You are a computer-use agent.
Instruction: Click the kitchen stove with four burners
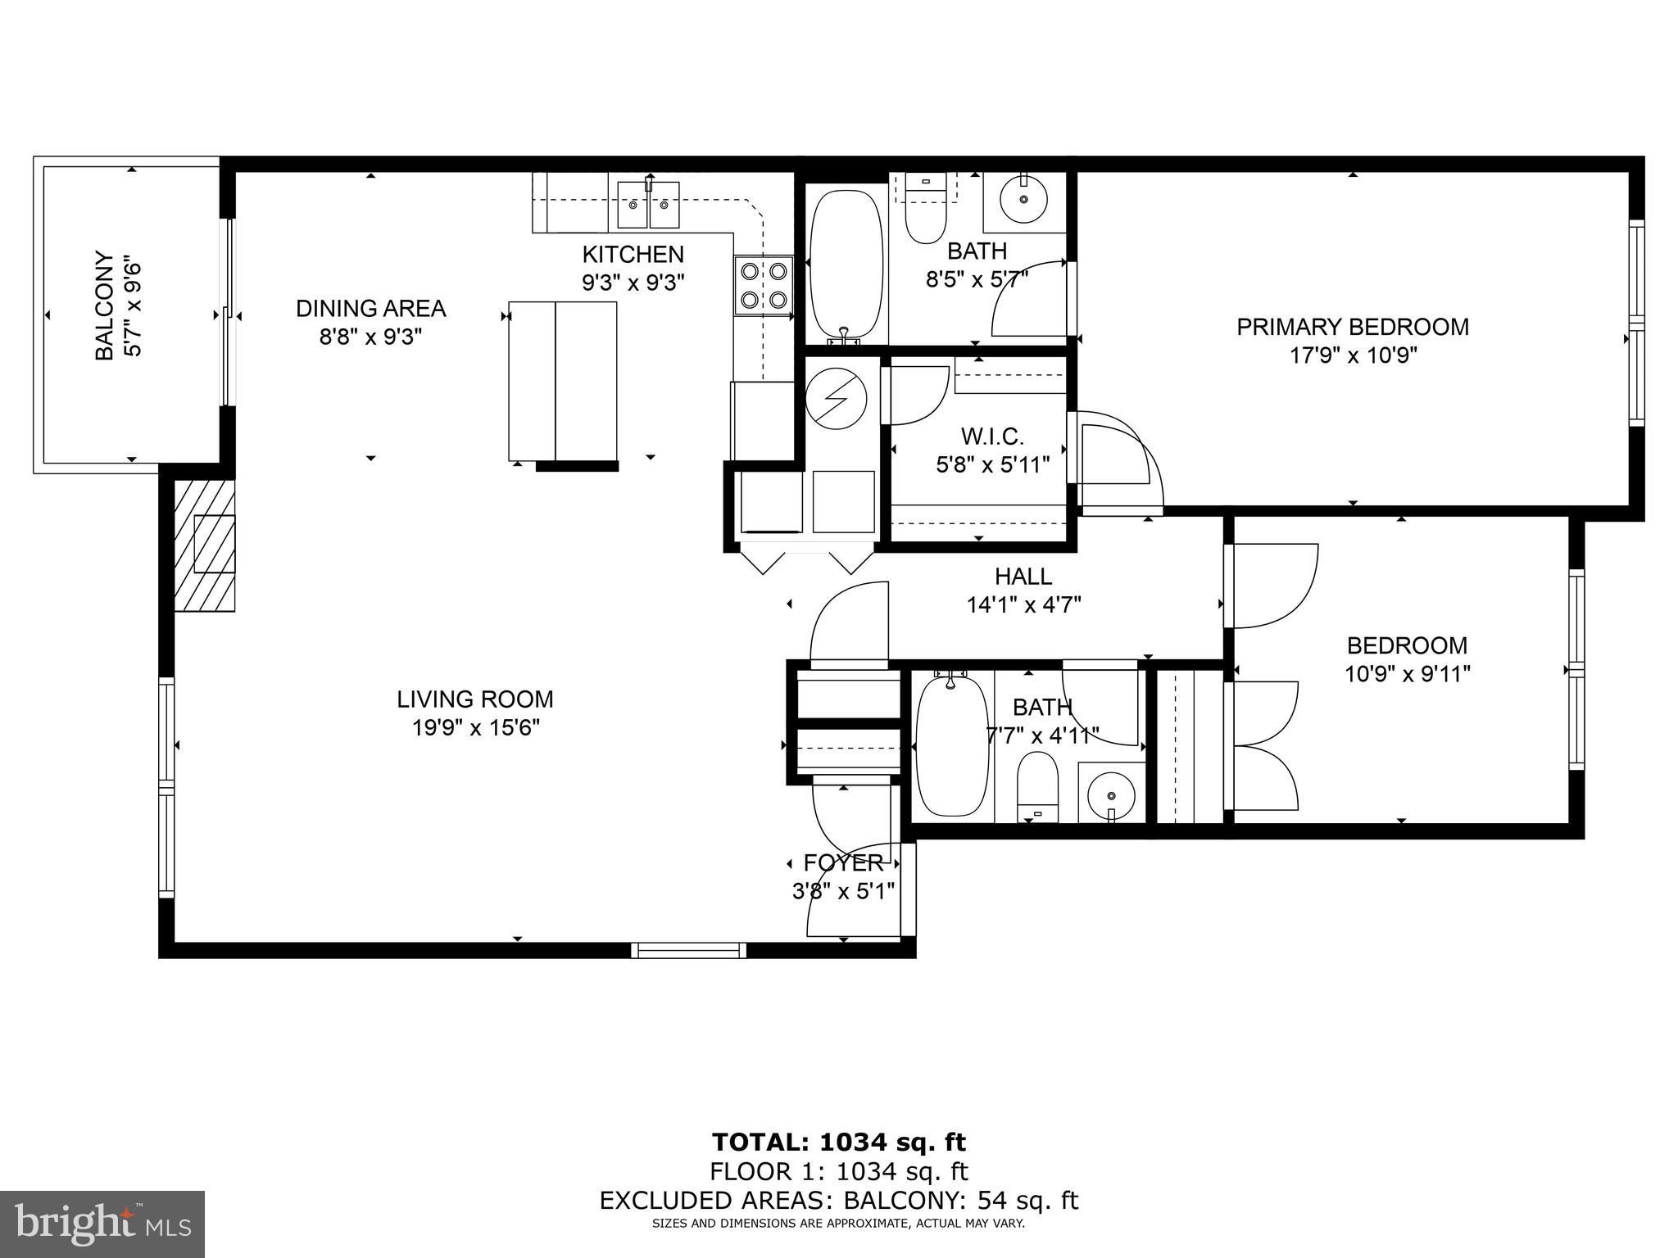pos(763,285)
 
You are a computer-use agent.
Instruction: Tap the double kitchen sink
pos(649,206)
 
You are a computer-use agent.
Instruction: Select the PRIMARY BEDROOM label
pos(1352,327)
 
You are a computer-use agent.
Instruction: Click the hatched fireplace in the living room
pos(205,544)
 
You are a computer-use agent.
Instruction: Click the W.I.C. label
pos(992,437)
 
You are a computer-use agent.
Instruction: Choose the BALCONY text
pos(104,305)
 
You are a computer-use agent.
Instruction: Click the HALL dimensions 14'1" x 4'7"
pos(1024,605)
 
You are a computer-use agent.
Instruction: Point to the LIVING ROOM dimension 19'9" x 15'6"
pos(475,727)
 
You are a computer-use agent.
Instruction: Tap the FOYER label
pos(843,862)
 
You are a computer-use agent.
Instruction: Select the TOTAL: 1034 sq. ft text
pos(838,1142)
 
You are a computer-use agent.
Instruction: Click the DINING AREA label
pos(370,309)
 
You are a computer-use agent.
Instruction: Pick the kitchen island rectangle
pos(562,382)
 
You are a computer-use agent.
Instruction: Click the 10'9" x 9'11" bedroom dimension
pos(1407,674)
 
